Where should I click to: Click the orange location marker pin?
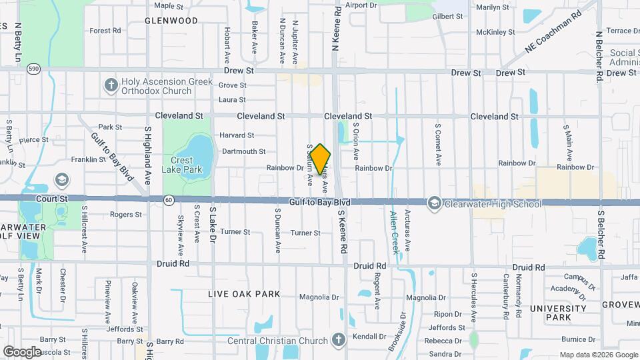pyautogui.click(x=321, y=159)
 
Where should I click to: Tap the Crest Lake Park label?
pyautogui.click(x=186, y=165)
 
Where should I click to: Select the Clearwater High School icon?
pyautogui.click(x=435, y=203)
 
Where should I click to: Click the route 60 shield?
pyautogui.click(x=169, y=199)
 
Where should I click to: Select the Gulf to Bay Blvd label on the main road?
pyautogui.click(x=319, y=201)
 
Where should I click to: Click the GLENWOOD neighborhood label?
pyautogui.click(x=171, y=21)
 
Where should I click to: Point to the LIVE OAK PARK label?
pyautogui.click(x=244, y=294)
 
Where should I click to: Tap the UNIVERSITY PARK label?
pyautogui.click(x=557, y=313)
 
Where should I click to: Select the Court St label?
pyautogui.click(x=54, y=199)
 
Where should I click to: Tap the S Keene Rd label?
pyautogui.click(x=343, y=231)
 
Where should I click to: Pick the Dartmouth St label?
pyautogui.click(x=243, y=152)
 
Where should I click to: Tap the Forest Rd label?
pyautogui.click(x=105, y=31)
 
